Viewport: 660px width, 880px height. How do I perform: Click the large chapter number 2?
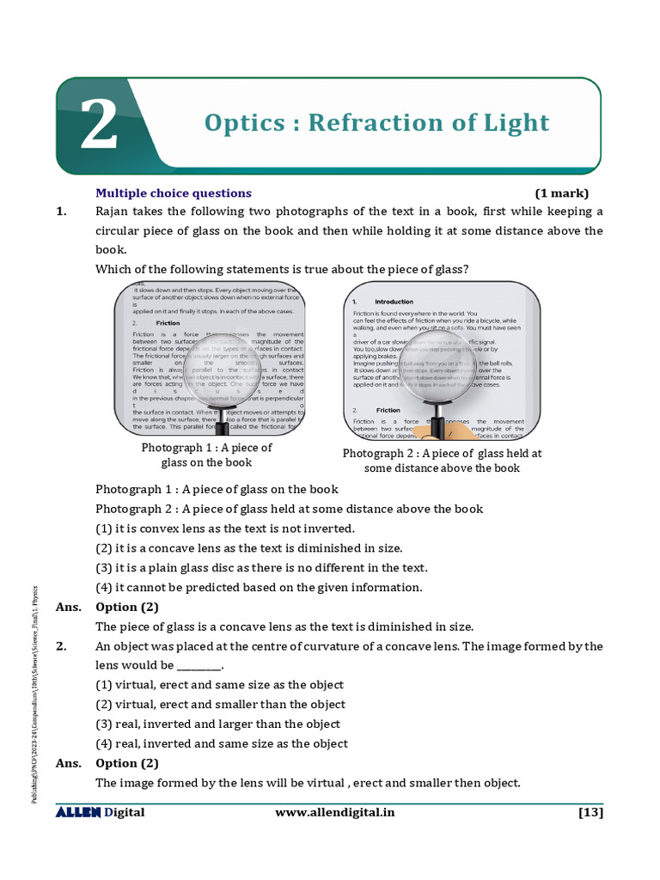point(98,125)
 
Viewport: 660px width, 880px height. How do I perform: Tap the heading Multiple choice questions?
point(173,193)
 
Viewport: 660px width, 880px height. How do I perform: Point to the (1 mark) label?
point(562,193)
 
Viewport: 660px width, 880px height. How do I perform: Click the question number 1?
point(61,212)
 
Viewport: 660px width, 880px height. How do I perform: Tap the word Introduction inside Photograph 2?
point(394,302)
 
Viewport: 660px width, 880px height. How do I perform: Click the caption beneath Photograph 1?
point(206,455)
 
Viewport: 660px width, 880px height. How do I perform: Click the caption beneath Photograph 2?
point(442,461)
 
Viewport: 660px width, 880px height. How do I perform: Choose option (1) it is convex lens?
point(224,529)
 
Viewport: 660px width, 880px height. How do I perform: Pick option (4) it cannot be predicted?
point(259,588)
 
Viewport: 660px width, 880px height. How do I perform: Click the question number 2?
point(61,646)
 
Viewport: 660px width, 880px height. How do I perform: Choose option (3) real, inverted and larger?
point(217,724)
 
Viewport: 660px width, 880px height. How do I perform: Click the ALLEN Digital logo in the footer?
point(100,813)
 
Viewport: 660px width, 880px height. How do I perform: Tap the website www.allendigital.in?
point(335,813)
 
